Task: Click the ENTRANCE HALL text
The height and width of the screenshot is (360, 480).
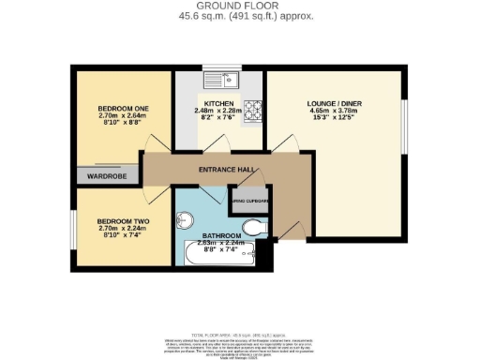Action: pos(225,169)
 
